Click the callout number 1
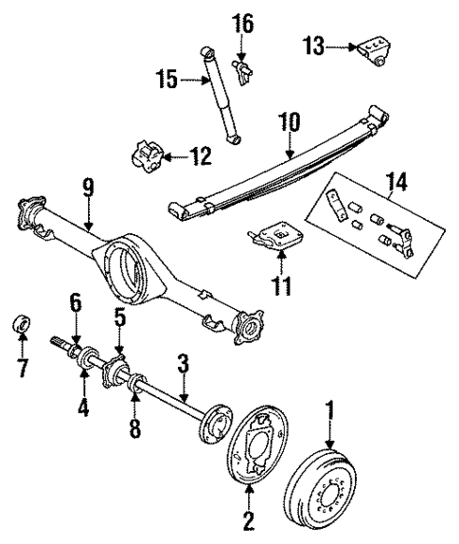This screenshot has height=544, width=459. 330,412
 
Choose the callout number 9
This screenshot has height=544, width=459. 87,188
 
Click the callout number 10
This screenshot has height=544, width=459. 288,122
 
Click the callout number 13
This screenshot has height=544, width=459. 313,45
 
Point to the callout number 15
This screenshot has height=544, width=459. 168,81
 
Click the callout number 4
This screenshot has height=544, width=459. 83,410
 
